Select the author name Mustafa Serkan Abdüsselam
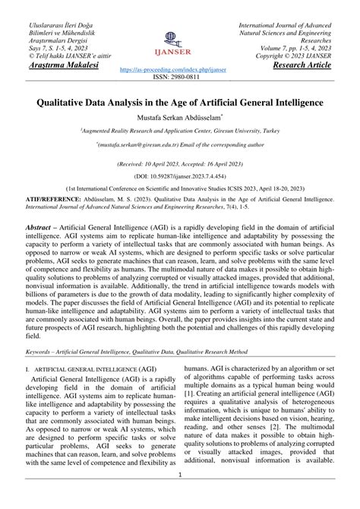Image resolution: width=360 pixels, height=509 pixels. pyautogui.click(x=179, y=119)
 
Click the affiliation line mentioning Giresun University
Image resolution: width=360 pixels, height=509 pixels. pyautogui.click(x=180, y=131)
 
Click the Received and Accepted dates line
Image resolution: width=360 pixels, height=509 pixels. pyautogui.click(x=180, y=163)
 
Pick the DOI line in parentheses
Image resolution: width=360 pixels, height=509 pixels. pyautogui.click(x=180, y=174)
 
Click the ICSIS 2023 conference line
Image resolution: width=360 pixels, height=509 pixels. pyautogui.click(x=180, y=187)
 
